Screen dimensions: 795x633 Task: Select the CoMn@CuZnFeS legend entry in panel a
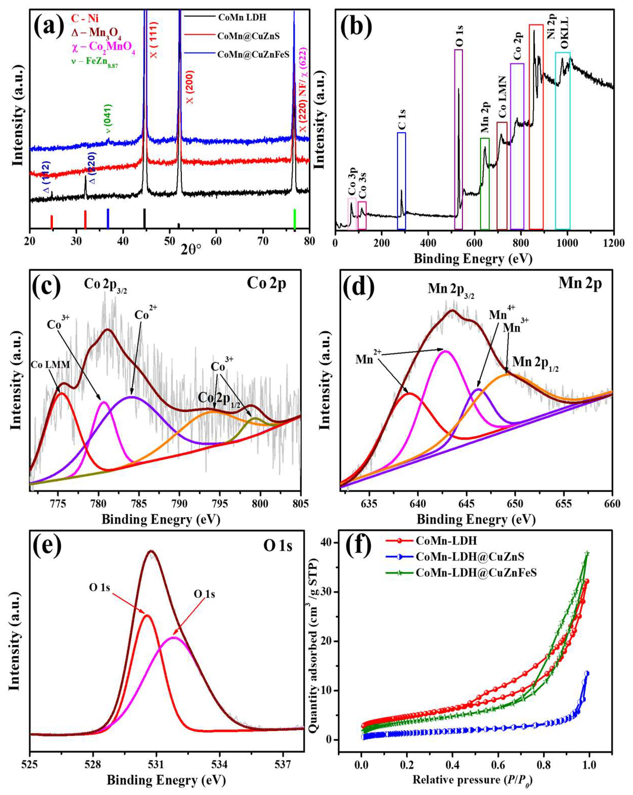click(253, 55)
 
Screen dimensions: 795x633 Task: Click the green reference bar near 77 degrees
click(294, 220)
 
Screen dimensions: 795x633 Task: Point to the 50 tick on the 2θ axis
click(170, 241)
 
